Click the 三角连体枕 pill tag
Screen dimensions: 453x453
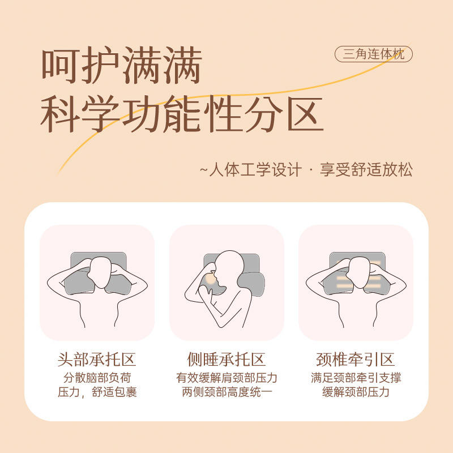pos(373,54)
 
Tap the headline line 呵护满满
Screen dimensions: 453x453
pos(122,66)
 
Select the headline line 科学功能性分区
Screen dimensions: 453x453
pos(182,114)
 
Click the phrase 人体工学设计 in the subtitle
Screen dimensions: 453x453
pos(255,169)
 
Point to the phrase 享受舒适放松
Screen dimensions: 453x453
pos(366,169)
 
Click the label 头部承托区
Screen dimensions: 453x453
pos(97,360)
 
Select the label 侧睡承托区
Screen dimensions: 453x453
pos(226,360)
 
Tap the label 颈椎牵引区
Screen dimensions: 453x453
pos(356,360)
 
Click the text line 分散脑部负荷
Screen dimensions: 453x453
pos(97,378)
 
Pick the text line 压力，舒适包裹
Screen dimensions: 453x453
pos(97,392)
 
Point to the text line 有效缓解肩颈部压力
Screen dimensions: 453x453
pos(226,378)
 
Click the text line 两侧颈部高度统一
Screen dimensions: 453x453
pos(226,392)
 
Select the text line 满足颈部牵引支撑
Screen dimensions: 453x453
pos(356,378)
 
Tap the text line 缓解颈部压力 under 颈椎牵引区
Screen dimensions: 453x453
pos(356,392)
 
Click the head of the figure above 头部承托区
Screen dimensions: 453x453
pos(100,272)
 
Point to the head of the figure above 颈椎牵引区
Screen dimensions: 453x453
pos(359,272)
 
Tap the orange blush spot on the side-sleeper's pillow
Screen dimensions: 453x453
pos(211,279)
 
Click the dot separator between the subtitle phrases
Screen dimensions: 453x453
pos(311,169)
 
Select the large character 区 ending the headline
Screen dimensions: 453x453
pos(305,114)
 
